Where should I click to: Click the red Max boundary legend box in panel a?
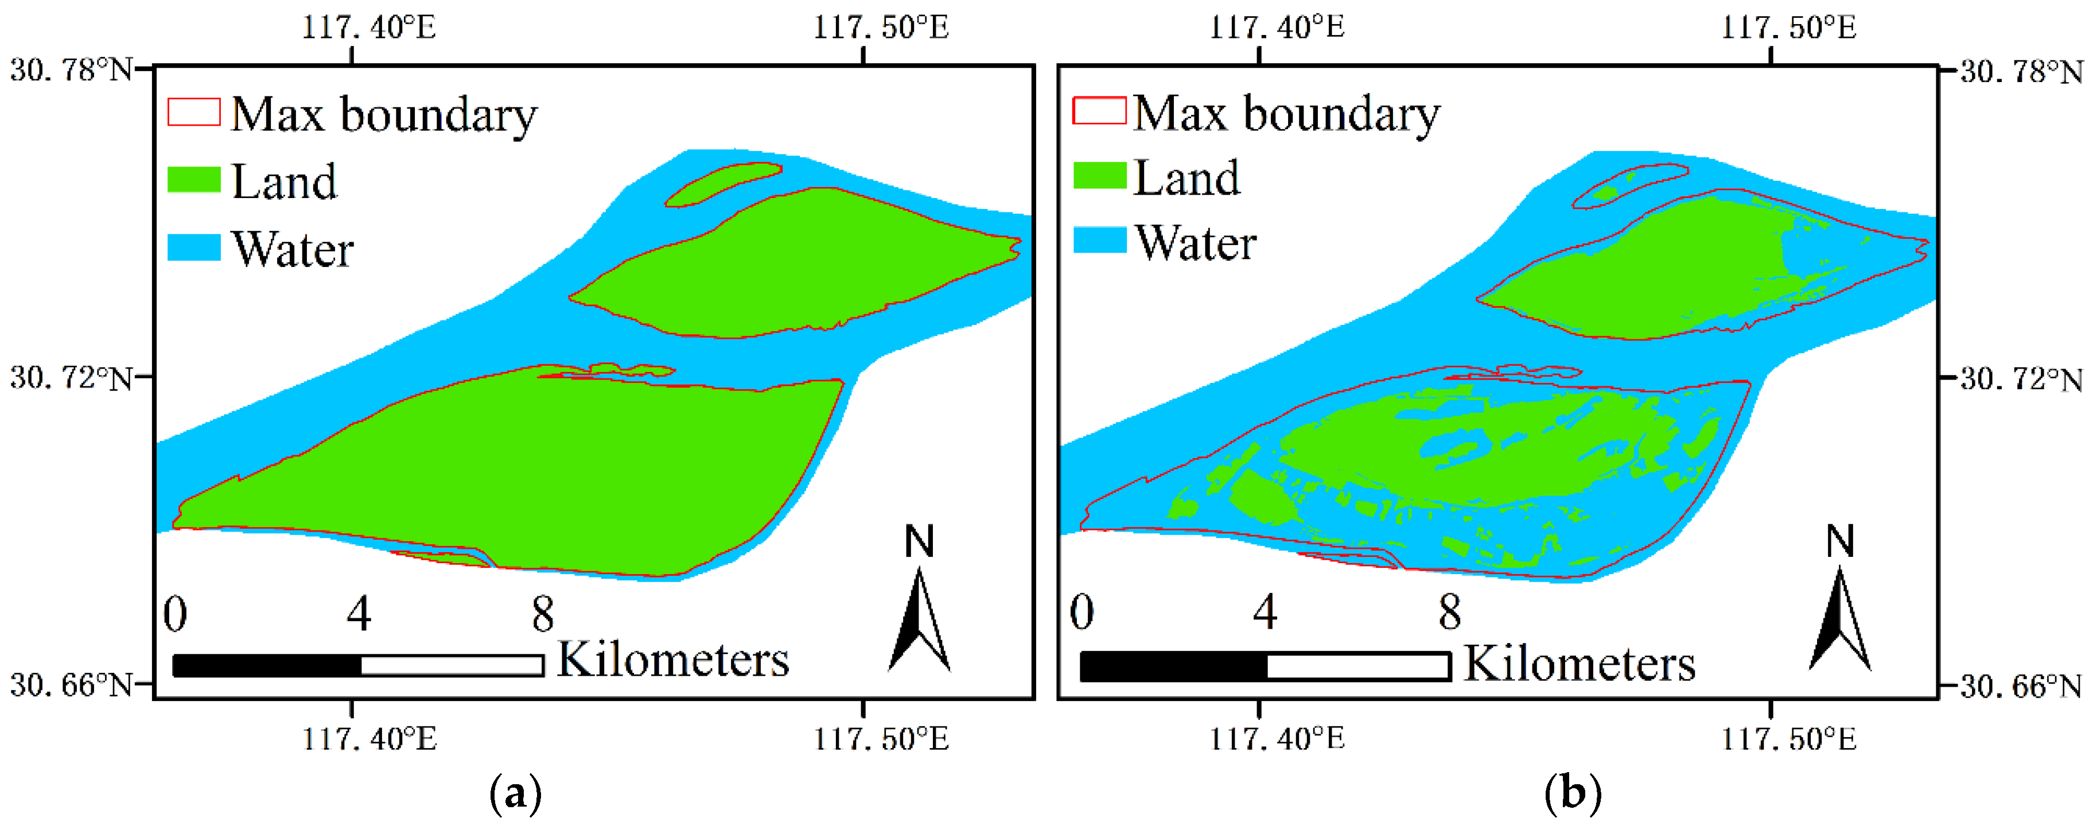click(193, 112)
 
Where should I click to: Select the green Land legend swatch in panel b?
click(1099, 176)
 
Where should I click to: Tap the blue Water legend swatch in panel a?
click(193, 247)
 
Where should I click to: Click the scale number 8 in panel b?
click(1449, 612)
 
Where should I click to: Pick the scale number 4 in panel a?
click(359, 614)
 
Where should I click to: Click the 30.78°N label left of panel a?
click(72, 70)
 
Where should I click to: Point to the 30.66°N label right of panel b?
click(2021, 687)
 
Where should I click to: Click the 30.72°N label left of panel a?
click(72, 378)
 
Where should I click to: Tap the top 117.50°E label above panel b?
click(1788, 28)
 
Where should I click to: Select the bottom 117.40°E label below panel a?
click(369, 739)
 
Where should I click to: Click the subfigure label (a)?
click(515, 792)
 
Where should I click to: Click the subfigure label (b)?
click(1572, 792)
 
